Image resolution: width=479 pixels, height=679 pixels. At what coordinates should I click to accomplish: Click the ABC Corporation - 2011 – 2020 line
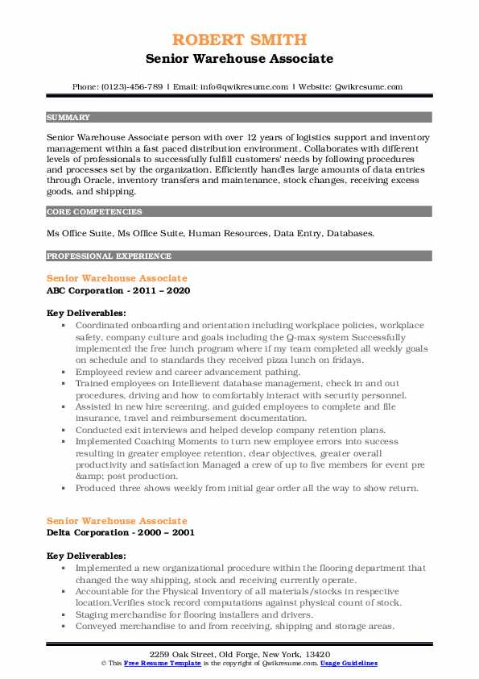pos(118,290)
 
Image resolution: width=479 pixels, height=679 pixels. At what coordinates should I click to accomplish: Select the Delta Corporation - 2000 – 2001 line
pos(120,532)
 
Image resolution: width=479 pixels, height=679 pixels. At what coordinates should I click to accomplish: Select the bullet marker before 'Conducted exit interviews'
pos(65,431)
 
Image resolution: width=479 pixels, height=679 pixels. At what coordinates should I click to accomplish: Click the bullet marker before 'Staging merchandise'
pos(65,614)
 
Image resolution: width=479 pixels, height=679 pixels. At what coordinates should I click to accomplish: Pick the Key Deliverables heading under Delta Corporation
pos(86,556)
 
